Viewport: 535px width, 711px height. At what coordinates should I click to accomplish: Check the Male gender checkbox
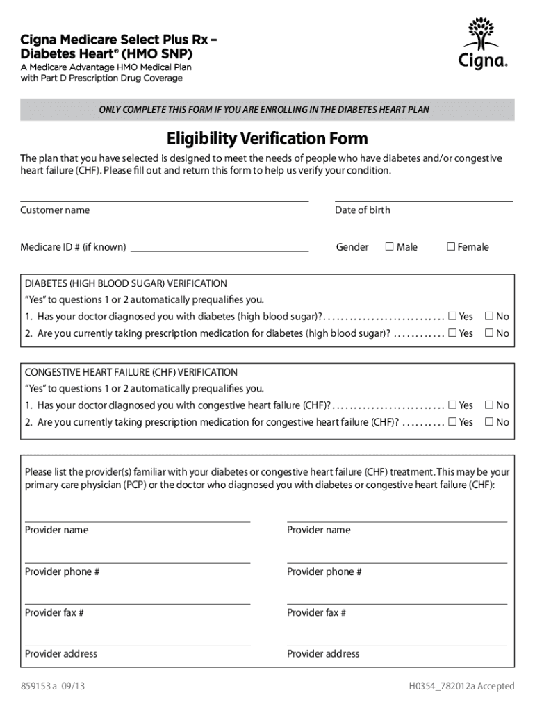[x=390, y=246]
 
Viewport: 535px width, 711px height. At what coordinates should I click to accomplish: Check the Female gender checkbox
[x=451, y=246]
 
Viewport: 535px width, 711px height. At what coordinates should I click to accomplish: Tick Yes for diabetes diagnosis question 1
[x=453, y=317]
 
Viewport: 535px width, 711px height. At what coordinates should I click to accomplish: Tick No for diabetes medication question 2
[x=489, y=333]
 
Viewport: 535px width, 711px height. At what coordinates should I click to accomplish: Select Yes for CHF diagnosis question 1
[x=453, y=405]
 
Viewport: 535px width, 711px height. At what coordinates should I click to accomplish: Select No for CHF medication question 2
[x=489, y=422]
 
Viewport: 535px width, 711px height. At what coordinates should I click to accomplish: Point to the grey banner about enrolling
[x=267, y=110]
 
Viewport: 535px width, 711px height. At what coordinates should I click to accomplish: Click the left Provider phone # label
[x=63, y=571]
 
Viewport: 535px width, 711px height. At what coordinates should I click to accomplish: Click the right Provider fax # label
[x=317, y=612]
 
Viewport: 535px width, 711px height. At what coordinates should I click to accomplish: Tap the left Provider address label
[x=61, y=653]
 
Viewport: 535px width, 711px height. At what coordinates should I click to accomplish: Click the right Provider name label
[x=319, y=530]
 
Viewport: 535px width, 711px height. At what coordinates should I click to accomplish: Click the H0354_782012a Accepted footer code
[x=461, y=687]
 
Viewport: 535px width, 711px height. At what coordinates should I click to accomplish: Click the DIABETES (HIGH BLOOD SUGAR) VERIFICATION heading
[x=126, y=283]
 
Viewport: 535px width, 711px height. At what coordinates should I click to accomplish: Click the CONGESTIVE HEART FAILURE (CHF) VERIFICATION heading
[x=131, y=372]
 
